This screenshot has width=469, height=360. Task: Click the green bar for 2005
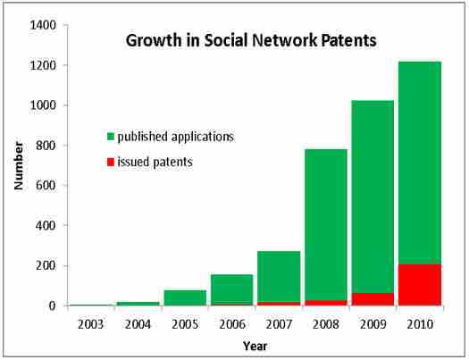tap(185, 297)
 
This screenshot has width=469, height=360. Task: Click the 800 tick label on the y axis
tap(46, 146)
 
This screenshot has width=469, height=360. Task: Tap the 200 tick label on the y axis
tap(46, 265)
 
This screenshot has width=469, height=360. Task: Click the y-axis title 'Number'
tap(17, 166)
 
